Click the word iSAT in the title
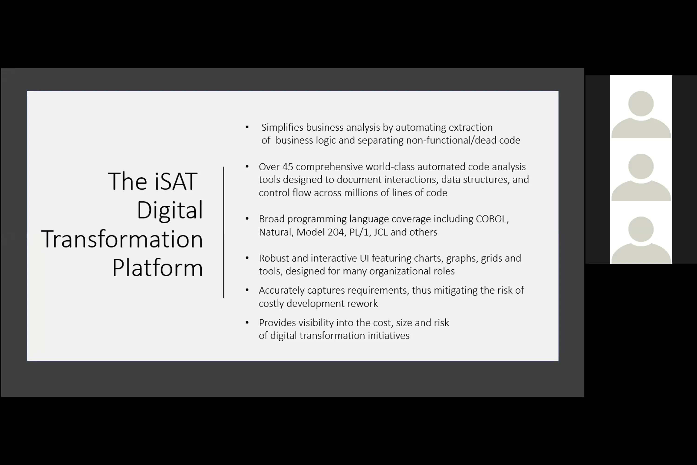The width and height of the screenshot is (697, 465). coord(176,181)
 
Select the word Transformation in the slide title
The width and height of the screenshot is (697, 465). coord(122,239)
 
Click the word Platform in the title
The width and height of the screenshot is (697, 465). coord(157,268)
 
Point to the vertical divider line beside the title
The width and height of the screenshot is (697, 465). coord(224,232)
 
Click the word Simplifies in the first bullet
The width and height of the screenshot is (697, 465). coord(282,127)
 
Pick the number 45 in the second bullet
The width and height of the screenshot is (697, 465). coord(287,167)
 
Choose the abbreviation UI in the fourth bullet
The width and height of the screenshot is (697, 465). coord(364,258)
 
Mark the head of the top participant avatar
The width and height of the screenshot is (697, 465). coord(641,103)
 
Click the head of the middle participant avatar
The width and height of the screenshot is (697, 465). coord(641,166)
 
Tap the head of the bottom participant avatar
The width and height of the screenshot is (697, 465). coord(641,229)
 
